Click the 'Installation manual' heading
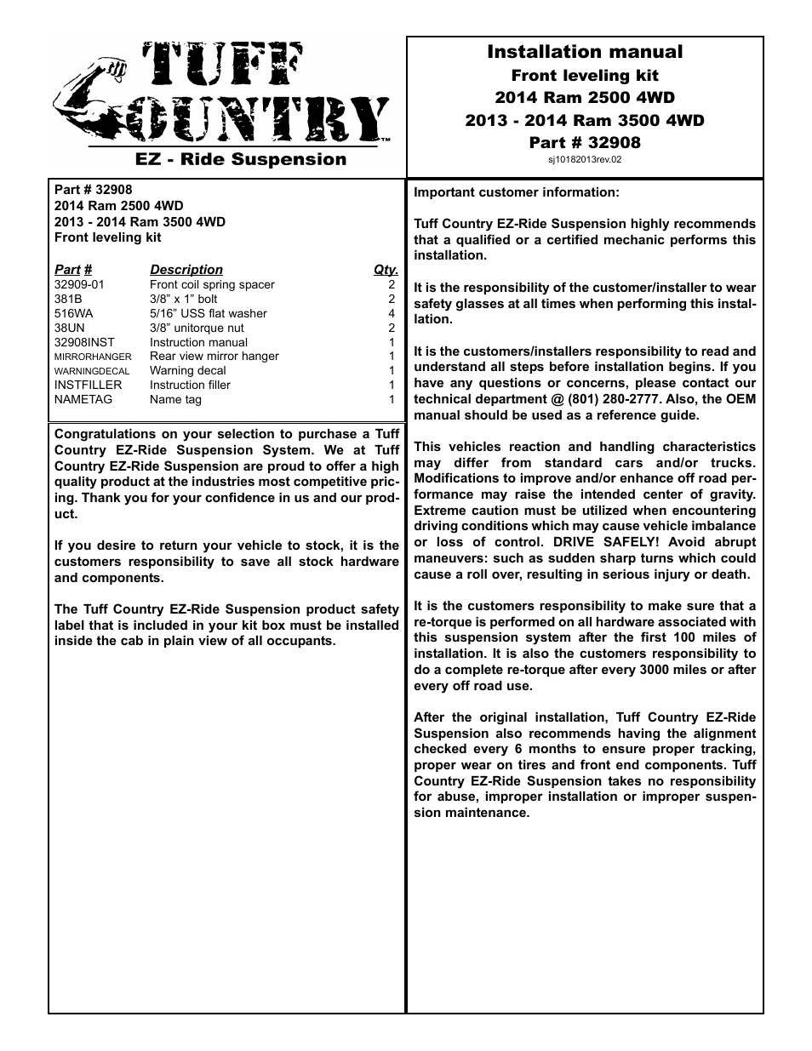click(x=584, y=52)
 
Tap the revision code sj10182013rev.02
click(x=584, y=159)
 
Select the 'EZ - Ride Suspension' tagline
click(x=242, y=159)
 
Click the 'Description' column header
click(x=186, y=270)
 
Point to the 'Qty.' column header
click(x=386, y=270)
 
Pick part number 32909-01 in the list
click(x=79, y=285)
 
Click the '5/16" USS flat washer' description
click(x=208, y=313)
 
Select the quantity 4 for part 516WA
click(x=392, y=313)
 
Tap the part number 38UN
click(x=70, y=328)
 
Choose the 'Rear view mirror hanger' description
click(x=214, y=357)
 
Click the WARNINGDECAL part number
click(x=92, y=371)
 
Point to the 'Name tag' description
click(x=175, y=399)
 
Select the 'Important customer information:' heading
click(x=517, y=192)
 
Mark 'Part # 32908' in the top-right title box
click(x=584, y=142)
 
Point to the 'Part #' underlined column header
click(x=73, y=270)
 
